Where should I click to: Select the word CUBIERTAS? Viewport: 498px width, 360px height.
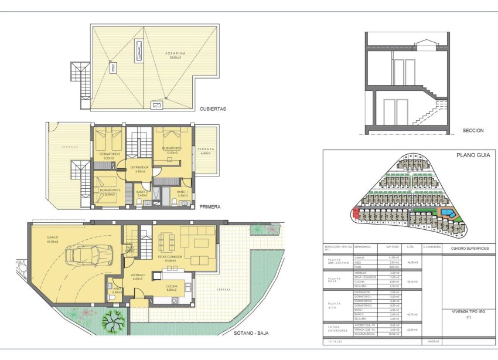[x=213, y=108]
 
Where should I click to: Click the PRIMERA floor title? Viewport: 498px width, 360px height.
[x=210, y=207]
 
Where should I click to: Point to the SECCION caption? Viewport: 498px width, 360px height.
[x=472, y=131]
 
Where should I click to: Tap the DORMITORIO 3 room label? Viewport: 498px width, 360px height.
[x=110, y=155]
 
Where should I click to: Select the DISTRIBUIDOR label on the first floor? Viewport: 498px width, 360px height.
[x=141, y=168]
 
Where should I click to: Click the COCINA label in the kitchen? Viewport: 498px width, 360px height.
[x=171, y=287]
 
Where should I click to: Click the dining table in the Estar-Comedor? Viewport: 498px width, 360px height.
[x=166, y=240]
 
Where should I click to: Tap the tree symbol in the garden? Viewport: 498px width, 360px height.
[x=112, y=321]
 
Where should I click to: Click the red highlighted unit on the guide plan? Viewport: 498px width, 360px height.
[x=356, y=212]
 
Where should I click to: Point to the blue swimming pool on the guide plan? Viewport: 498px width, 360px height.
[x=445, y=210]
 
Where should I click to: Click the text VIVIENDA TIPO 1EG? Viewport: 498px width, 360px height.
[x=469, y=312]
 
